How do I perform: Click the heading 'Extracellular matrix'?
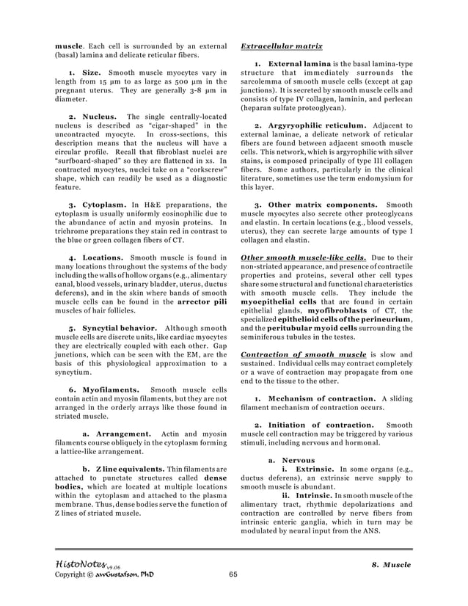[282, 45]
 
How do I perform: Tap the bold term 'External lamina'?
[297, 65]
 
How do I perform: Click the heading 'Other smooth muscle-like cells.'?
[304, 258]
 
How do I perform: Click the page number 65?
[234, 574]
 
